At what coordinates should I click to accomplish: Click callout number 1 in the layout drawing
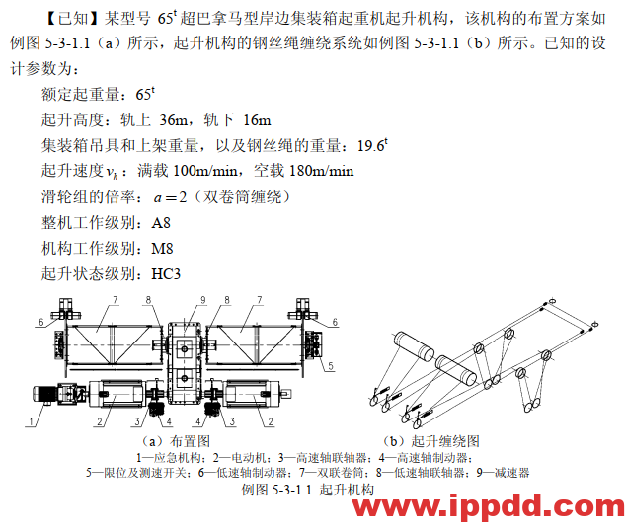pyautogui.click(x=31, y=421)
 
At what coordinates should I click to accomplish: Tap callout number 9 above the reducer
pyautogui.click(x=203, y=300)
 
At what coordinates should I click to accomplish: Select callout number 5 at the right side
pyautogui.click(x=331, y=366)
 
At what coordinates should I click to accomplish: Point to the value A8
pyautogui.click(x=161, y=223)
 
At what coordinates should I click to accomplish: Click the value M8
pyautogui.click(x=162, y=249)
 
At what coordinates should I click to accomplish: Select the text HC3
pyautogui.click(x=166, y=274)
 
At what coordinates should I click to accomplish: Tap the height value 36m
pyautogui.click(x=173, y=120)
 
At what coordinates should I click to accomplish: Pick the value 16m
pyautogui.click(x=257, y=120)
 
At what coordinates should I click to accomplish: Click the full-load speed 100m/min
pyautogui.click(x=205, y=171)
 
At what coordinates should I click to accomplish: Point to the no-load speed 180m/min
pyautogui.click(x=321, y=171)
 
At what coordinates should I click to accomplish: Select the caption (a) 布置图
pyautogui.click(x=176, y=441)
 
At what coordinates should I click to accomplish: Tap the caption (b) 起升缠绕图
pyautogui.click(x=430, y=441)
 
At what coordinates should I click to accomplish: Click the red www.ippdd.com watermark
pyautogui.click(x=489, y=506)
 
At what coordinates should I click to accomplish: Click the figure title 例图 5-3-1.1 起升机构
pyautogui.click(x=308, y=490)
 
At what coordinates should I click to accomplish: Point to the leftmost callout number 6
pyautogui.click(x=41, y=322)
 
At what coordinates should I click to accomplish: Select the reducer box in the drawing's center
pyautogui.click(x=184, y=362)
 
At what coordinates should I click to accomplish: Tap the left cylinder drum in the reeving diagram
pyautogui.click(x=414, y=345)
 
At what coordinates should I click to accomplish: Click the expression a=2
pyautogui.click(x=170, y=197)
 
